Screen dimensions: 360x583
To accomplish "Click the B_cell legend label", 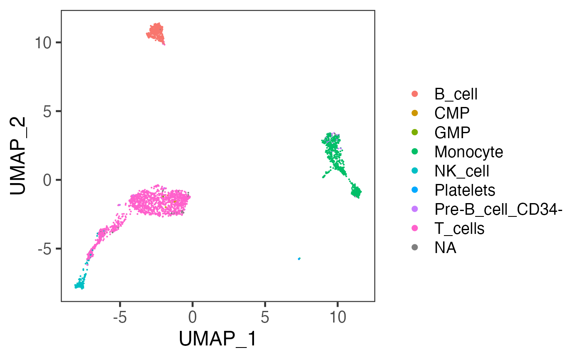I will pyautogui.click(x=456, y=94).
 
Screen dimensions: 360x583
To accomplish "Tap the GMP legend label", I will pyautogui.click(x=452, y=132).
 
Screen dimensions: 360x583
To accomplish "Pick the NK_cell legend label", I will pyautogui.click(x=461, y=171).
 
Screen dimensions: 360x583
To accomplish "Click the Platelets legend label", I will pyautogui.click(x=465, y=190).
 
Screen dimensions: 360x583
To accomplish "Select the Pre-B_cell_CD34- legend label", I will pyautogui.click(x=498, y=209).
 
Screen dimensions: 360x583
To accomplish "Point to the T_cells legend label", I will pyautogui.click(x=459, y=228).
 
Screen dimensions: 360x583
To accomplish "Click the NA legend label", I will pyautogui.click(x=445, y=248).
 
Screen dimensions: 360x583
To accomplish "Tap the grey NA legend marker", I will pyautogui.click(x=414, y=248).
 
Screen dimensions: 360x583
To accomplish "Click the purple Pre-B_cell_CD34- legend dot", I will pyautogui.click(x=414, y=209).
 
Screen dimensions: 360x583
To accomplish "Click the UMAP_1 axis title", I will pyautogui.click(x=218, y=340).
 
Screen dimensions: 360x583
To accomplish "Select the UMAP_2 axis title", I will pyautogui.click(x=18, y=156).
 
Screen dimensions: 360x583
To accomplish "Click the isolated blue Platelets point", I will pyautogui.click(x=299, y=259).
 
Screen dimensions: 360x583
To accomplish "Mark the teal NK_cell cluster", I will pyautogui.click(x=80, y=284).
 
